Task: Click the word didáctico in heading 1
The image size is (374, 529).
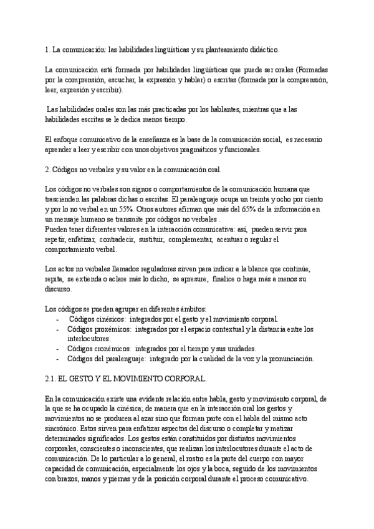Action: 264,49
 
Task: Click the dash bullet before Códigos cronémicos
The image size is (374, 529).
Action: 58,349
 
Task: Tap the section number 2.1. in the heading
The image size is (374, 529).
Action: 52,379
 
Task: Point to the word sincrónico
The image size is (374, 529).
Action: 64,430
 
